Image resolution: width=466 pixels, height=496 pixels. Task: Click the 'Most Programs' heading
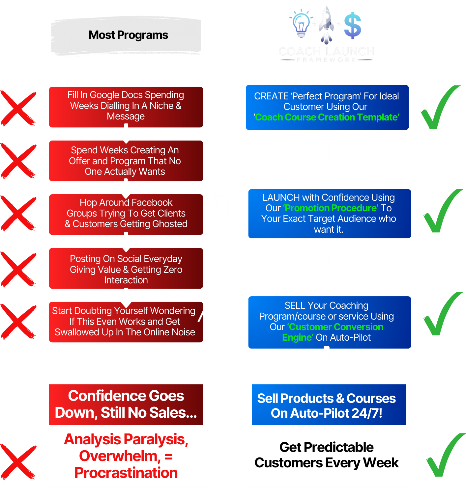coord(128,35)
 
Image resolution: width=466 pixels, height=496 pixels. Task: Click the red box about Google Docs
coord(126,107)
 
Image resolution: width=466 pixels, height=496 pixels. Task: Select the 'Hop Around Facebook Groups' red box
coord(126,214)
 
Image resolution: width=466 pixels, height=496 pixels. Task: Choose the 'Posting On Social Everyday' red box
coord(126,268)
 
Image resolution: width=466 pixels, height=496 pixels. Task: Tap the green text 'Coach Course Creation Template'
coord(327,117)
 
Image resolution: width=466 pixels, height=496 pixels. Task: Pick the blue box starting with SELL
coord(329,322)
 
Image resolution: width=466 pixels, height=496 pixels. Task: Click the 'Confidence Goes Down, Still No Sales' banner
coord(126,404)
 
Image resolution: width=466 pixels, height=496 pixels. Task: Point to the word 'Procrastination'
coord(126,473)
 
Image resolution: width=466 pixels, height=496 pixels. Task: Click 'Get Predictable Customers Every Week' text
coord(326,455)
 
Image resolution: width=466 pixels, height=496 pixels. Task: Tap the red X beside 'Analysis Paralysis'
coord(18,461)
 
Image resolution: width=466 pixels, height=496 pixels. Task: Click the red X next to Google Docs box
coord(18,109)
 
